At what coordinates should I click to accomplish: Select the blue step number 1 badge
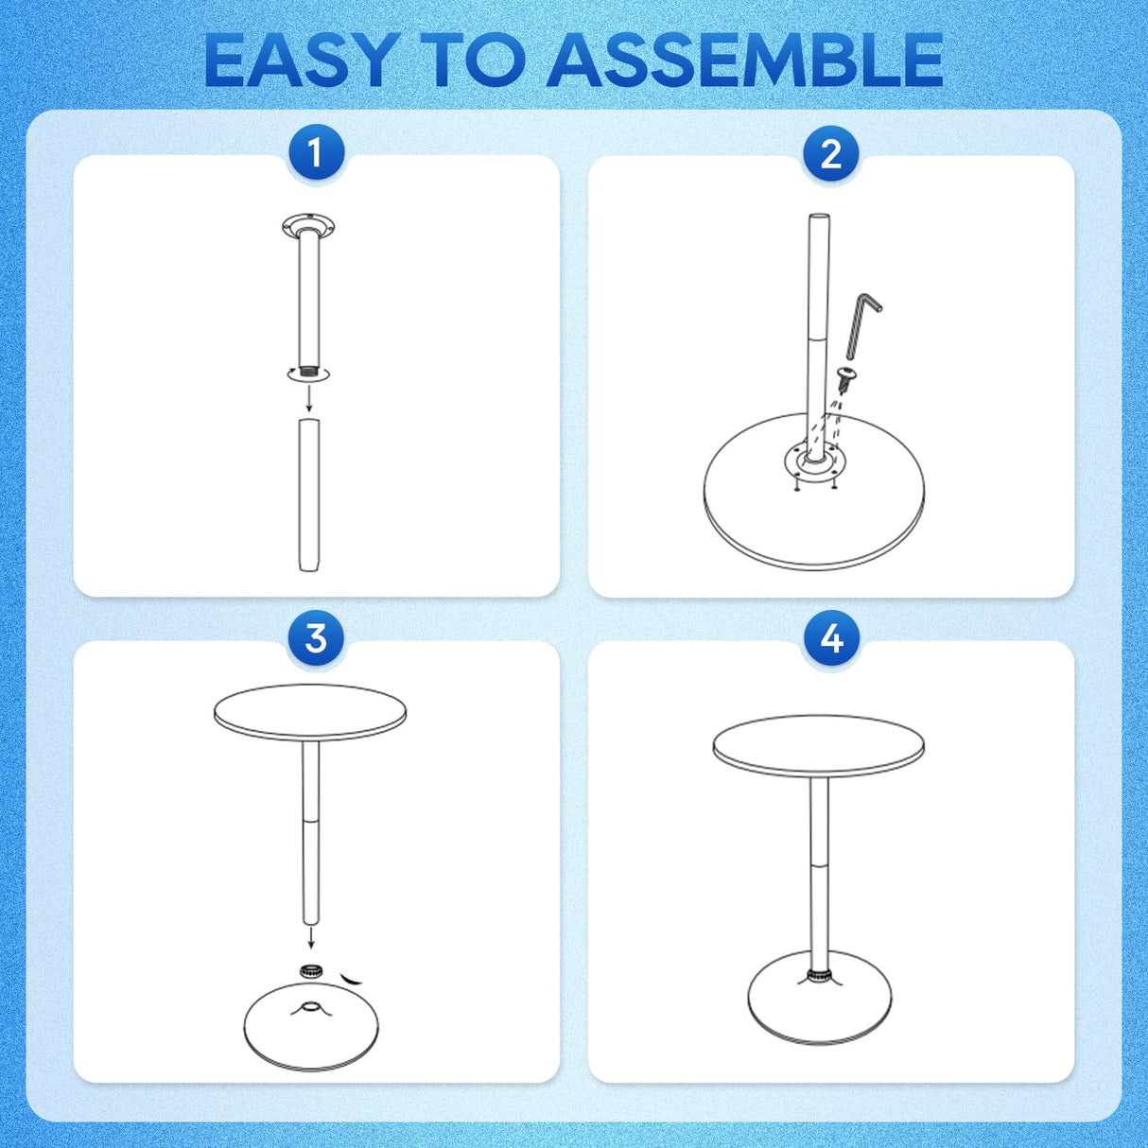click(x=315, y=152)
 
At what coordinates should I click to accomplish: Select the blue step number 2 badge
click(x=830, y=153)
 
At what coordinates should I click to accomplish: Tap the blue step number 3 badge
click(x=315, y=638)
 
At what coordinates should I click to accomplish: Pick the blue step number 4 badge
click(x=830, y=638)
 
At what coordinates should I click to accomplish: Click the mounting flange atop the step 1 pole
click(x=308, y=226)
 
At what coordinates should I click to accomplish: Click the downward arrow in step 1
click(x=309, y=401)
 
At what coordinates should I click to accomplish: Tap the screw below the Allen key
click(x=847, y=379)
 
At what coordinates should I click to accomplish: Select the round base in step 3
click(x=310, y=1031)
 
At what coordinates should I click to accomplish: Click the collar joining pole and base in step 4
click(x=819, y=975)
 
